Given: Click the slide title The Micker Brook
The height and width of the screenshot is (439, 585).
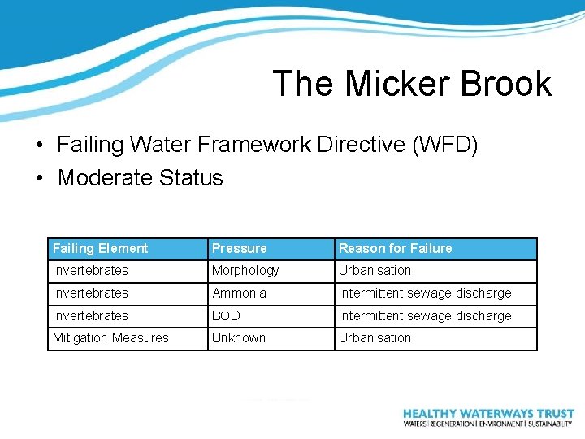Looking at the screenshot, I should point(412,84).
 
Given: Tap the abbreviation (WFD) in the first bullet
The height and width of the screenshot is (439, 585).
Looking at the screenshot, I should point(445,146).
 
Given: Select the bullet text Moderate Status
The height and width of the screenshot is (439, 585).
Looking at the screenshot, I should point(140,178).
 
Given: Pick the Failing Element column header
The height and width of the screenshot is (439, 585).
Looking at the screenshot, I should point(100,249).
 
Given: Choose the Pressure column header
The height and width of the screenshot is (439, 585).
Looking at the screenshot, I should point(239,249).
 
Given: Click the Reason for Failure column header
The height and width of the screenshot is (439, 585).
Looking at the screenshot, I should point(395,249).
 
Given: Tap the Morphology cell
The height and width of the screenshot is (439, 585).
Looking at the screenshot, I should point(245,271).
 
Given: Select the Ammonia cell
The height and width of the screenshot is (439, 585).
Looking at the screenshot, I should point(239,293).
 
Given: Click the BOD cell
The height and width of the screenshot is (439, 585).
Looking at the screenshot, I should point(226,316).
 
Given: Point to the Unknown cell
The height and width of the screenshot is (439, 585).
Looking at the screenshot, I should point(238,338).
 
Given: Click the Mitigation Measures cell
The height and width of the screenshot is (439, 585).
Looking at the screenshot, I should point(110,338).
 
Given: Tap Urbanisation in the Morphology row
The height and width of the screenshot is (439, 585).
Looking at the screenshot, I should point(375,271).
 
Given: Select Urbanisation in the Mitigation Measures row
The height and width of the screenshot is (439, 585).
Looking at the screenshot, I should point(375,338).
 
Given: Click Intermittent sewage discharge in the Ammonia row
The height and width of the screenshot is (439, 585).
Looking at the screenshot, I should point(425,293).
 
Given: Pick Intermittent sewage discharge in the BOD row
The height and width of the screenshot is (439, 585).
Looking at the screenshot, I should point(425,316).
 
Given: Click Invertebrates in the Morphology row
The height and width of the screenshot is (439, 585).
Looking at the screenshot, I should point(90,271).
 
